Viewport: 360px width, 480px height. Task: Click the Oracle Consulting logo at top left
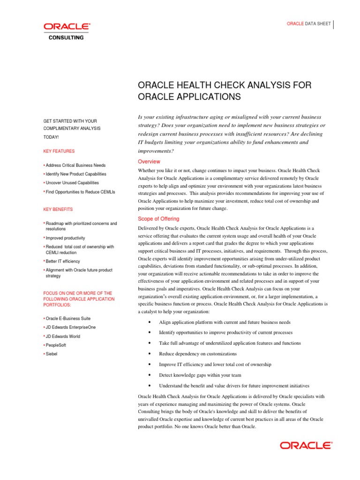[67, 31]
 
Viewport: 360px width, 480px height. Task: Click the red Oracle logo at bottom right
[306, 445]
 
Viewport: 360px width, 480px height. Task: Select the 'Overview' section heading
[149, 162]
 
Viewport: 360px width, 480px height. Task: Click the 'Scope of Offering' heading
[158, 219]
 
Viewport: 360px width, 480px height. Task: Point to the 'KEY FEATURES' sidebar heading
[59, 151]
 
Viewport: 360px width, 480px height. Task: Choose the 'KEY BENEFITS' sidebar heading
[58, 210]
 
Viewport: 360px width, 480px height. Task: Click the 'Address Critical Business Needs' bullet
[75, 165]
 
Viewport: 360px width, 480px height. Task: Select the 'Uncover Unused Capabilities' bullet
[72, 183]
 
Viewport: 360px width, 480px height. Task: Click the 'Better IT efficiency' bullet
[63, 261]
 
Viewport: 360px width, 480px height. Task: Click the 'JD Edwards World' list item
[63, 336]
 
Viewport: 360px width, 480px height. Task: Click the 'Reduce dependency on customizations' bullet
[197, 354]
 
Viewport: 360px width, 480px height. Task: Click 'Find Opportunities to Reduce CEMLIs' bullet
[80, 192]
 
